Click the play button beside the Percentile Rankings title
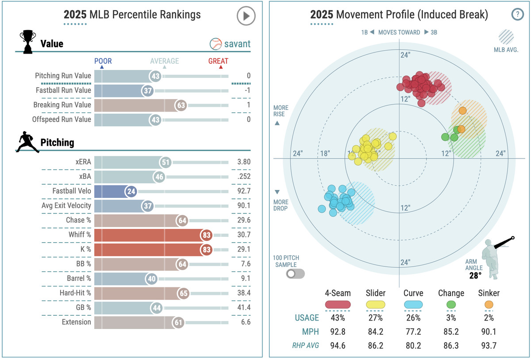[x=246, y=16]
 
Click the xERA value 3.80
[x=243, y=162]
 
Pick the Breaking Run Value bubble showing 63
[x=181, y=105]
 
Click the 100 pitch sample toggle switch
[x=295, y=273]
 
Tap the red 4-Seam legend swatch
[x=338, y=305]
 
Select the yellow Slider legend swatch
[x=376, y=305]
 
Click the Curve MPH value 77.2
[x=413, y=332]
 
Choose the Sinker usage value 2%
[x=489, y=317]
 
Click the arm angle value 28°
[x=476, y=276]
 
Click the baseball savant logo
[x=230, y=44]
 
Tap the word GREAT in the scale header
[x=218, y=61]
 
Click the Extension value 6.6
[x=246, y=322]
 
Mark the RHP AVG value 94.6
[x=338, y=346]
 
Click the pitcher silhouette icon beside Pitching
[x=27, y=142]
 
